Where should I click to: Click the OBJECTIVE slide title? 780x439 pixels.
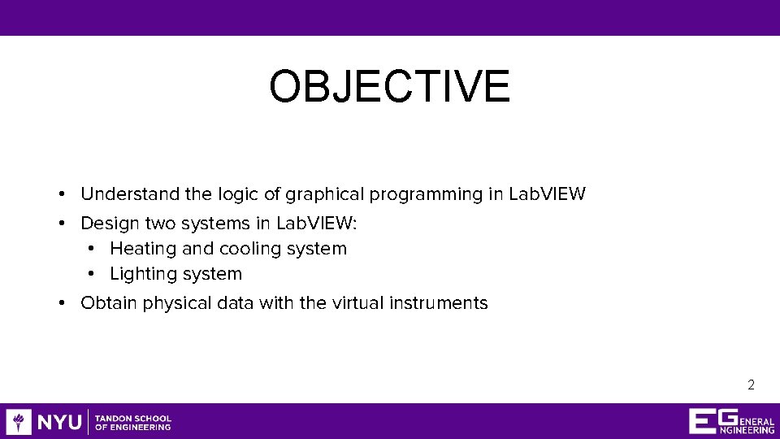pyautogui.click(x=389, y=87)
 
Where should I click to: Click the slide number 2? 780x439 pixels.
pyautogui.click(x=751, y=385)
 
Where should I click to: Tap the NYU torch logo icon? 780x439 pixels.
pyautogui.click(x=19, y=422)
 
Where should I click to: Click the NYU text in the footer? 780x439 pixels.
pyautogui.click(x=59, y=422)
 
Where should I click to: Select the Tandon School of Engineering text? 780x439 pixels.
pyautogui.click(x=133, y=422)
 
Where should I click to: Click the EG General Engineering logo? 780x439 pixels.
pyautogui.click(x=731, y=421)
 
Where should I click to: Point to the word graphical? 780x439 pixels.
pyautogui.click(x=325, y=195)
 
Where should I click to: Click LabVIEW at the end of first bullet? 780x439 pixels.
pyautogui.click(x=546, y=194)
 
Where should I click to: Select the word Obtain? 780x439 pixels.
pyautogui.click(x=109, y=303)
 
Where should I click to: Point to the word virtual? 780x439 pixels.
pyautogui.click(x=357, y=303)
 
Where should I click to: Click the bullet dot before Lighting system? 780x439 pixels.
pyautogui.click(x=92, y=275)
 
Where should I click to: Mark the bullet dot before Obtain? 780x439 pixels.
pyautogui.click(x=62, y=303)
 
